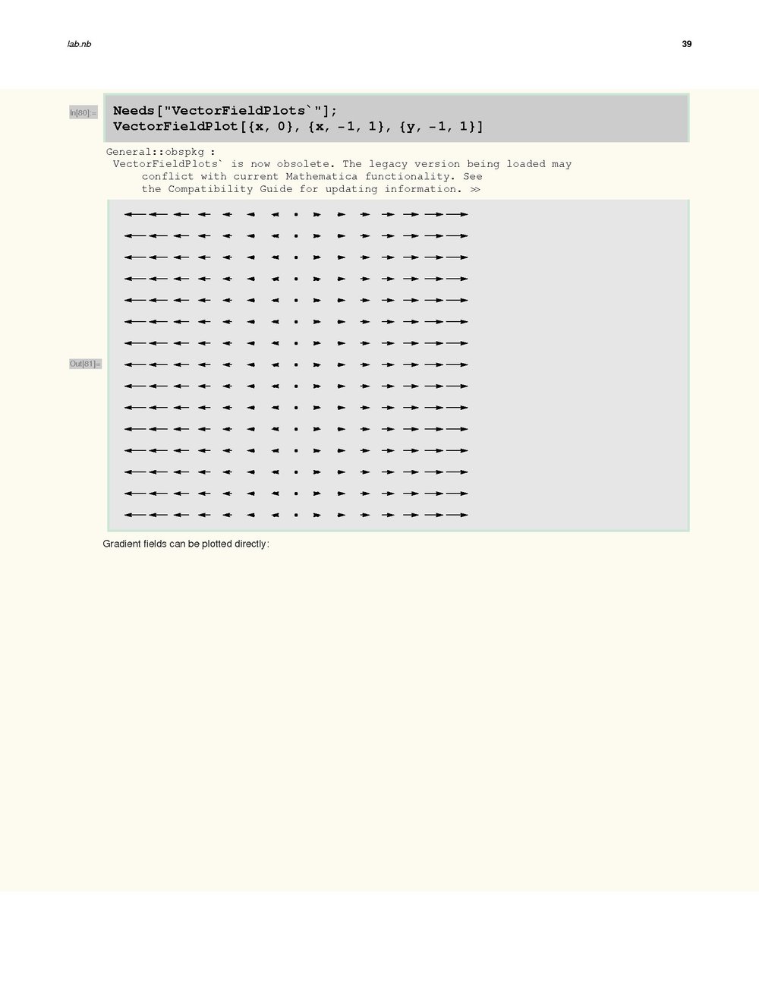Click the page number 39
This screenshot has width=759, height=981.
pos(686,44)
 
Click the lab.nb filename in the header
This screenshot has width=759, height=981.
pos(79,44)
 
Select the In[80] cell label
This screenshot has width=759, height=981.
pos(83,113)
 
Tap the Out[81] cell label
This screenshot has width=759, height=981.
pos(85,364)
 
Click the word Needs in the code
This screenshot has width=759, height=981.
pos(134,111)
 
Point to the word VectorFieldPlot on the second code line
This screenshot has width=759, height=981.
pos(175,126)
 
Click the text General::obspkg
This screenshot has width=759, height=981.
pos(155,152)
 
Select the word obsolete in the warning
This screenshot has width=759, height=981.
pos(303,164)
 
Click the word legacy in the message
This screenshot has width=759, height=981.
pos(392,164)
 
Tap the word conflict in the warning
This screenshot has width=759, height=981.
pos(168,176)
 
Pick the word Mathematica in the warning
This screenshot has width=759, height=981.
pos(321,176)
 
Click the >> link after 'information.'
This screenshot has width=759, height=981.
pos(475,189)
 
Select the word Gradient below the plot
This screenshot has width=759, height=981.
pos(121,544)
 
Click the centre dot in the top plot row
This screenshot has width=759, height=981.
pos(296,214)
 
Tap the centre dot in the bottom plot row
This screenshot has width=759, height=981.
pos(296,515)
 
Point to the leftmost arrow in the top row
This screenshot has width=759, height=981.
pos(134,214)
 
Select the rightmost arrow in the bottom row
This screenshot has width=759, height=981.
pos(457,515)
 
